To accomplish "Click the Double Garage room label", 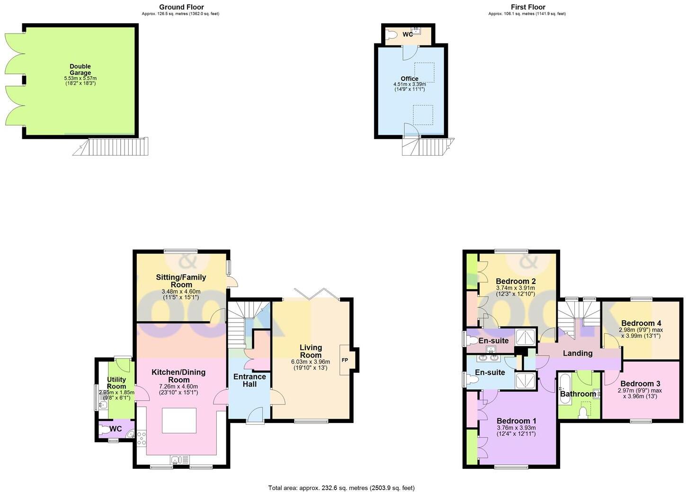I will (80, 70).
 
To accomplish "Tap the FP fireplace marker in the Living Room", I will (345, 360).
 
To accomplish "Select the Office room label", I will (410, 79).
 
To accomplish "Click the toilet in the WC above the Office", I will (392, 35).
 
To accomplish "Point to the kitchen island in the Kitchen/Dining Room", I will (179, 420).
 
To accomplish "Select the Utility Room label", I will (116, 383).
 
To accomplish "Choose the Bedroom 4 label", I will (641, 323).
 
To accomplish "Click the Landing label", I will (578, 353).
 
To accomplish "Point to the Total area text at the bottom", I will (341, 488).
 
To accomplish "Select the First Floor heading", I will (528, 7).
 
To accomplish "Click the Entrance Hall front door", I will (256, 416).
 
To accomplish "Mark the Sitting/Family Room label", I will (181, 281).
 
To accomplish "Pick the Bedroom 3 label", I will (640, 383).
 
